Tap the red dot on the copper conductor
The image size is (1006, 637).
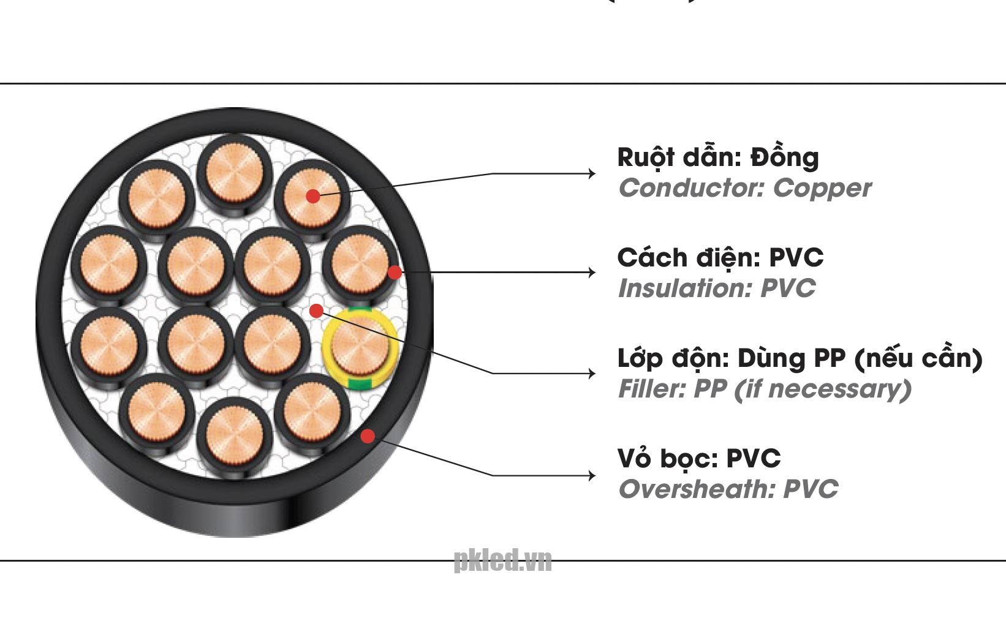(x=313, y=196)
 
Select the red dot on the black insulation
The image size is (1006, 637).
(x=395, y=272)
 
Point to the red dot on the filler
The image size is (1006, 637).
(x=316, y=311)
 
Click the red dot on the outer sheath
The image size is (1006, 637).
(x=368, y=436)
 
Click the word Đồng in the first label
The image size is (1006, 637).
(x=785, y=157)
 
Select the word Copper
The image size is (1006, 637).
(x=822, y=188)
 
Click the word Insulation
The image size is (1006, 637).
(x=684, y=288)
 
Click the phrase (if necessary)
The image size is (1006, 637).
(x=822, y=389)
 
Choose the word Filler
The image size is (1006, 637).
(x=651, y=389)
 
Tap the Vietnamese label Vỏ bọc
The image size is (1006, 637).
(x=667, y=458)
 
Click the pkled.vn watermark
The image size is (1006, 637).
(x=502, y=560)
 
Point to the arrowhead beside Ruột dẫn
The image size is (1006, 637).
(x=591, y=173)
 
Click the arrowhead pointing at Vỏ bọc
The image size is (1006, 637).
(x=591, y=475)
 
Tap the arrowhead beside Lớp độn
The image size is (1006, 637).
(x=591, y=373)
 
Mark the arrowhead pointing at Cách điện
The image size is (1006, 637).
(x=591, y=272)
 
